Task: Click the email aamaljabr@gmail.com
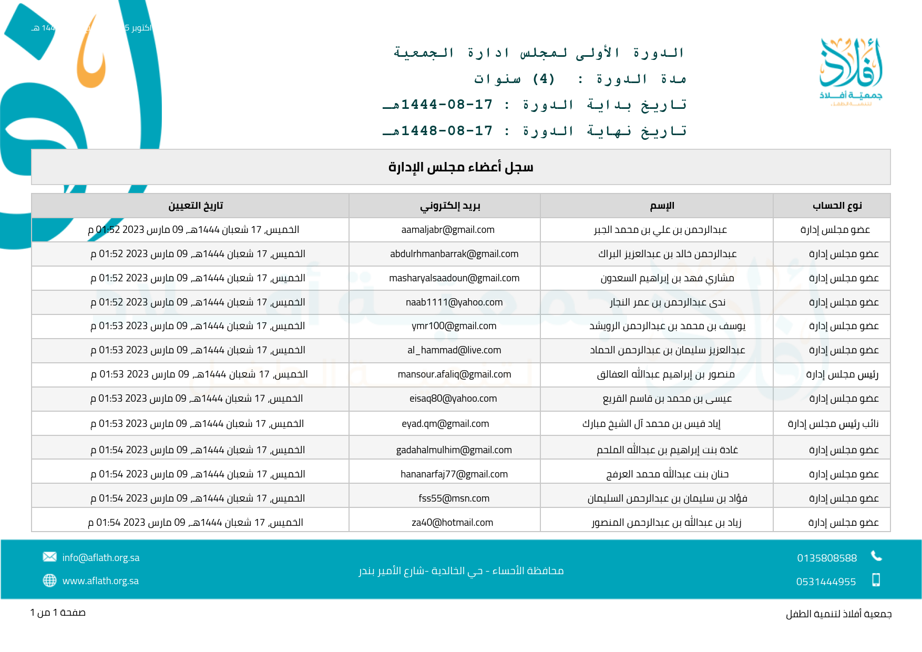448,230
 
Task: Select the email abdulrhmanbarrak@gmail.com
454,254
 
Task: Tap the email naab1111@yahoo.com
454,302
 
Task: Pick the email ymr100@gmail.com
454,326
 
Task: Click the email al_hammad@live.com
454,350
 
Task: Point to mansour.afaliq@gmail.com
454,374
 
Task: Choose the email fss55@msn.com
454,498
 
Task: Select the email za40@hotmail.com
453,523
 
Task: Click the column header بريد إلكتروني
450,206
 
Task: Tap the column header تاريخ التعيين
196,206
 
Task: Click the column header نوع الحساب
837,206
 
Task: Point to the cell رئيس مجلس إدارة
842,374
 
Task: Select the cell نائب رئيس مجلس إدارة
833,424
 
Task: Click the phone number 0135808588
827,558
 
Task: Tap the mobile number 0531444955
826,582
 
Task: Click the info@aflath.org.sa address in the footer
101,558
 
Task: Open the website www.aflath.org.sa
100,581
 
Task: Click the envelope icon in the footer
49,557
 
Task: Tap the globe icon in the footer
49,580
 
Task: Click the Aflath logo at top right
851,71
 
